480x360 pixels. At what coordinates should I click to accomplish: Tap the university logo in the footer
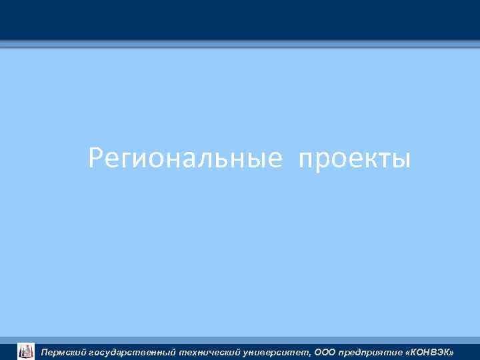coord(26,351)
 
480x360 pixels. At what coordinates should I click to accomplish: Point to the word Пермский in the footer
coord(64,351)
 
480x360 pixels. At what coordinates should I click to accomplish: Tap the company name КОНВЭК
coord(431,351)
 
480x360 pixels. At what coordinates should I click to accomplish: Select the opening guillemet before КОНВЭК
coord(408,352)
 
